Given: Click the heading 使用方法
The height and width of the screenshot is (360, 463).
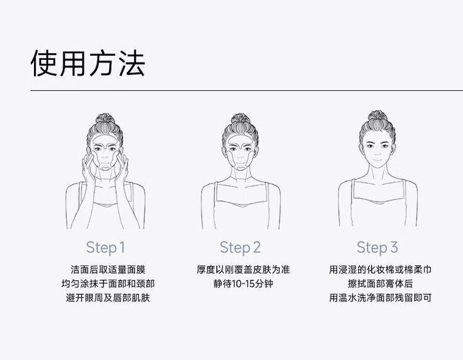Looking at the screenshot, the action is [x=88, y=63].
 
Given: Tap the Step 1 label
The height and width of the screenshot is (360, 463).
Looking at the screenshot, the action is [x=106, y=248].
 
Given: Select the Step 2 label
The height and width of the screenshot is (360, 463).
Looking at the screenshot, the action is [x=240, y=248].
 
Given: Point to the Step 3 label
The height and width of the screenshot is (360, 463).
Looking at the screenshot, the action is [x=377, y=248].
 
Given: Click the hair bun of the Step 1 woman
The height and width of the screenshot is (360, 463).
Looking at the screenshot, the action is [x=105, y=119].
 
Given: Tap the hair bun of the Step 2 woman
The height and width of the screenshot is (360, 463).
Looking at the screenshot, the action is [x=240, y=119].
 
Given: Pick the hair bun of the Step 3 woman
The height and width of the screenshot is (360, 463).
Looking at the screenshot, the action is [x=377, y=116].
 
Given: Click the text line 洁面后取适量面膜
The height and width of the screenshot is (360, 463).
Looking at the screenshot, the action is [x=108, y=270].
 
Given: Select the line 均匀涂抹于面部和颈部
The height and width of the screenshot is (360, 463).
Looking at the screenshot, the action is [x=108, y=284].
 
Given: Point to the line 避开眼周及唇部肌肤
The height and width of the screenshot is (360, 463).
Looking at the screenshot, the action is [x=108, y=298].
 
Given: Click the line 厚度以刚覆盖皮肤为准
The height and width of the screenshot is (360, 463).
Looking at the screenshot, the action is [x=243, y=270].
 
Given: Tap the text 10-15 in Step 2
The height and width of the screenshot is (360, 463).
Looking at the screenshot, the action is [x=243, y=284].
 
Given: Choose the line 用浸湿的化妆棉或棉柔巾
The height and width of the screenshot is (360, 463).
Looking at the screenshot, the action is [x=380, y=270].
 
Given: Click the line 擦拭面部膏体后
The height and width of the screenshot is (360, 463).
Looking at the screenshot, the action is [x=380, y=284].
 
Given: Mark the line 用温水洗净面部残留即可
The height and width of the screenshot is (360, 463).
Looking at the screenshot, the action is [x=380, y=298].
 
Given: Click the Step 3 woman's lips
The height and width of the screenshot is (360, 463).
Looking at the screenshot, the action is [x=377, y=161].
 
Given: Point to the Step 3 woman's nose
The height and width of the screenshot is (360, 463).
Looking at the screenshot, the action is [x=377, y=153].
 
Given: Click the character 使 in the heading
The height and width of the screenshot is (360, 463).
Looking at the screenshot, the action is [x=44, y=63].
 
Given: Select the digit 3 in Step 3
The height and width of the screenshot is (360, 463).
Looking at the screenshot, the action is [x=394, y=247].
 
